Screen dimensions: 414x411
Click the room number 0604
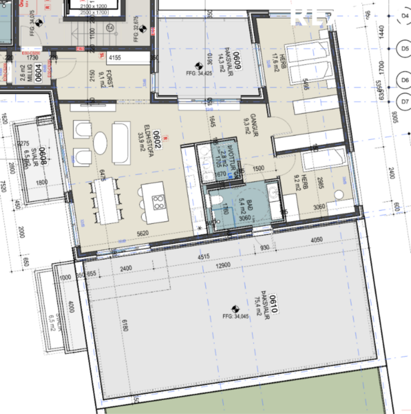[38, 71]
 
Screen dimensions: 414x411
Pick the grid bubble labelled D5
[402, 49]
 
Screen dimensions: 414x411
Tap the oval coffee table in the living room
[100, 142]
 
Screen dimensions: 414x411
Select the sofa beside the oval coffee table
[120, 142]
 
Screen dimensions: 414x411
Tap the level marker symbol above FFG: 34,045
[235, 308]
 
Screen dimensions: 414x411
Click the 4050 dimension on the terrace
[317, 240]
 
